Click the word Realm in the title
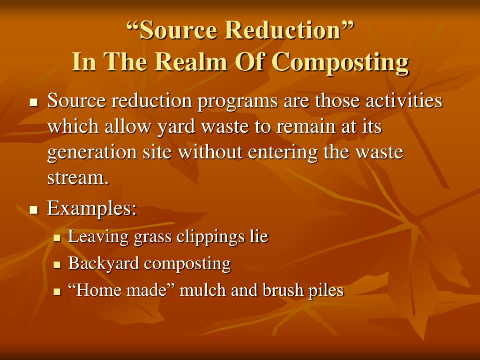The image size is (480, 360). click(x=181, y=62)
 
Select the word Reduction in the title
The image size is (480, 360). click(x=282, y=30)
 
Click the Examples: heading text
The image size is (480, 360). click(x=92, y=208)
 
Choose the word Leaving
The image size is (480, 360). click(x=98, y=237)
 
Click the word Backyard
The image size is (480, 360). click(x=104, y=263)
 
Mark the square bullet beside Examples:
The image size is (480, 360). click(x=33, y=210)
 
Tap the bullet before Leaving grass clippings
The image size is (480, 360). click(x=57, y=238)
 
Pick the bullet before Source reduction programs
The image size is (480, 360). click(x=33, y=102)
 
